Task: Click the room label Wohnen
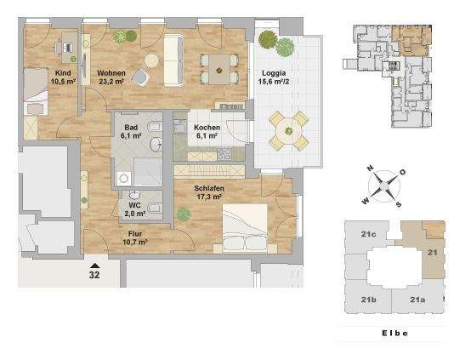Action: [x=111, y=73]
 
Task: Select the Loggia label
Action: [x=272, y=73]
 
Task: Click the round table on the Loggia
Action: [x=290, y=132]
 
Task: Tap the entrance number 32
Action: [x=94, y=275]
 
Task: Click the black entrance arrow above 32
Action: [x=94, y=265]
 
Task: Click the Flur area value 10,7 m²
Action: [x=134, y=242]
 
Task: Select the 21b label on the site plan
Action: [x=368, y=300]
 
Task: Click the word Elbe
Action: [x=392, y=333]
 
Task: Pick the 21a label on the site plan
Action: [x=417, y=300]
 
